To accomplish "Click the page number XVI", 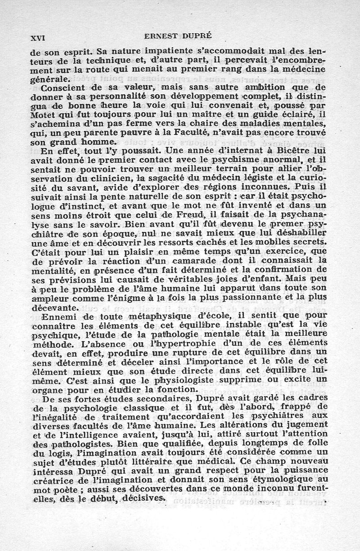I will click(x=39, y=38).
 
